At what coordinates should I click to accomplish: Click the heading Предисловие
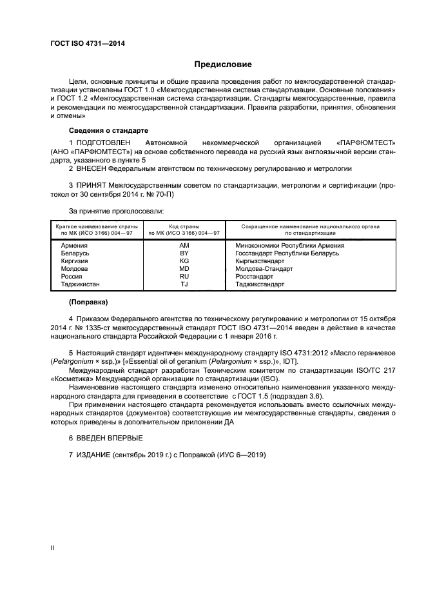(223, 64)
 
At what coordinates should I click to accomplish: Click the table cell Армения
(74, 246)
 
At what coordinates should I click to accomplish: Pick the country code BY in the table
(184, 253)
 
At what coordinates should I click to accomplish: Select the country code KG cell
(184, 261)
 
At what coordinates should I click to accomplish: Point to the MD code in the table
(184, 269)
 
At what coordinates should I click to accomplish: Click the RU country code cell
(184, 277)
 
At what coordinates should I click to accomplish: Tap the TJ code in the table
(184, 284)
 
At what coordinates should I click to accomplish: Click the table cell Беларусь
(75, 253)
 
